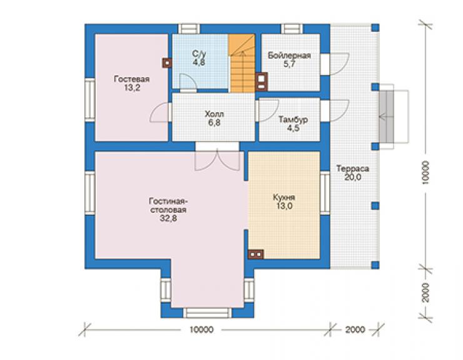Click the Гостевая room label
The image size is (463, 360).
coord(131,79)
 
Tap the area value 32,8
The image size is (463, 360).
coord(168,219)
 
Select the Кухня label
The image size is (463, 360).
coord(284,197)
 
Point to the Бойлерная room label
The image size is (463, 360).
coord(289,56)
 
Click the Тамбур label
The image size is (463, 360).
coord(293,120)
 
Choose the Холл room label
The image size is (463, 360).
coord(215,114)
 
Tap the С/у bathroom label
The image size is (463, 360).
coord(199,54)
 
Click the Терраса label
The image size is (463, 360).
coord(352,168)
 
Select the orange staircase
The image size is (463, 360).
coord(242,63)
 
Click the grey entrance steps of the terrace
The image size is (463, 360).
coord(386,116)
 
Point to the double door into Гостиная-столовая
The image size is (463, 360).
coord(217,160)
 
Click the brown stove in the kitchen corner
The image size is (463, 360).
coord(256,254)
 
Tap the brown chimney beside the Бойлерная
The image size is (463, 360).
coord(262,81)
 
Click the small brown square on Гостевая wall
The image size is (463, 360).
coord(167,63)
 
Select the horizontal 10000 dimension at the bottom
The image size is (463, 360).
coord(201,329)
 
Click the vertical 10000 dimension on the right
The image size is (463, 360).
coord(425,173)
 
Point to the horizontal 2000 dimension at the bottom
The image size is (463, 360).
coord(355,329)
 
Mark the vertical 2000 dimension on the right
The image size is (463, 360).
coord(425,292)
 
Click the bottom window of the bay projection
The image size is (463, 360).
coord(208,312)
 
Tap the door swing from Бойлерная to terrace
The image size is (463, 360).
coord(340,64)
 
